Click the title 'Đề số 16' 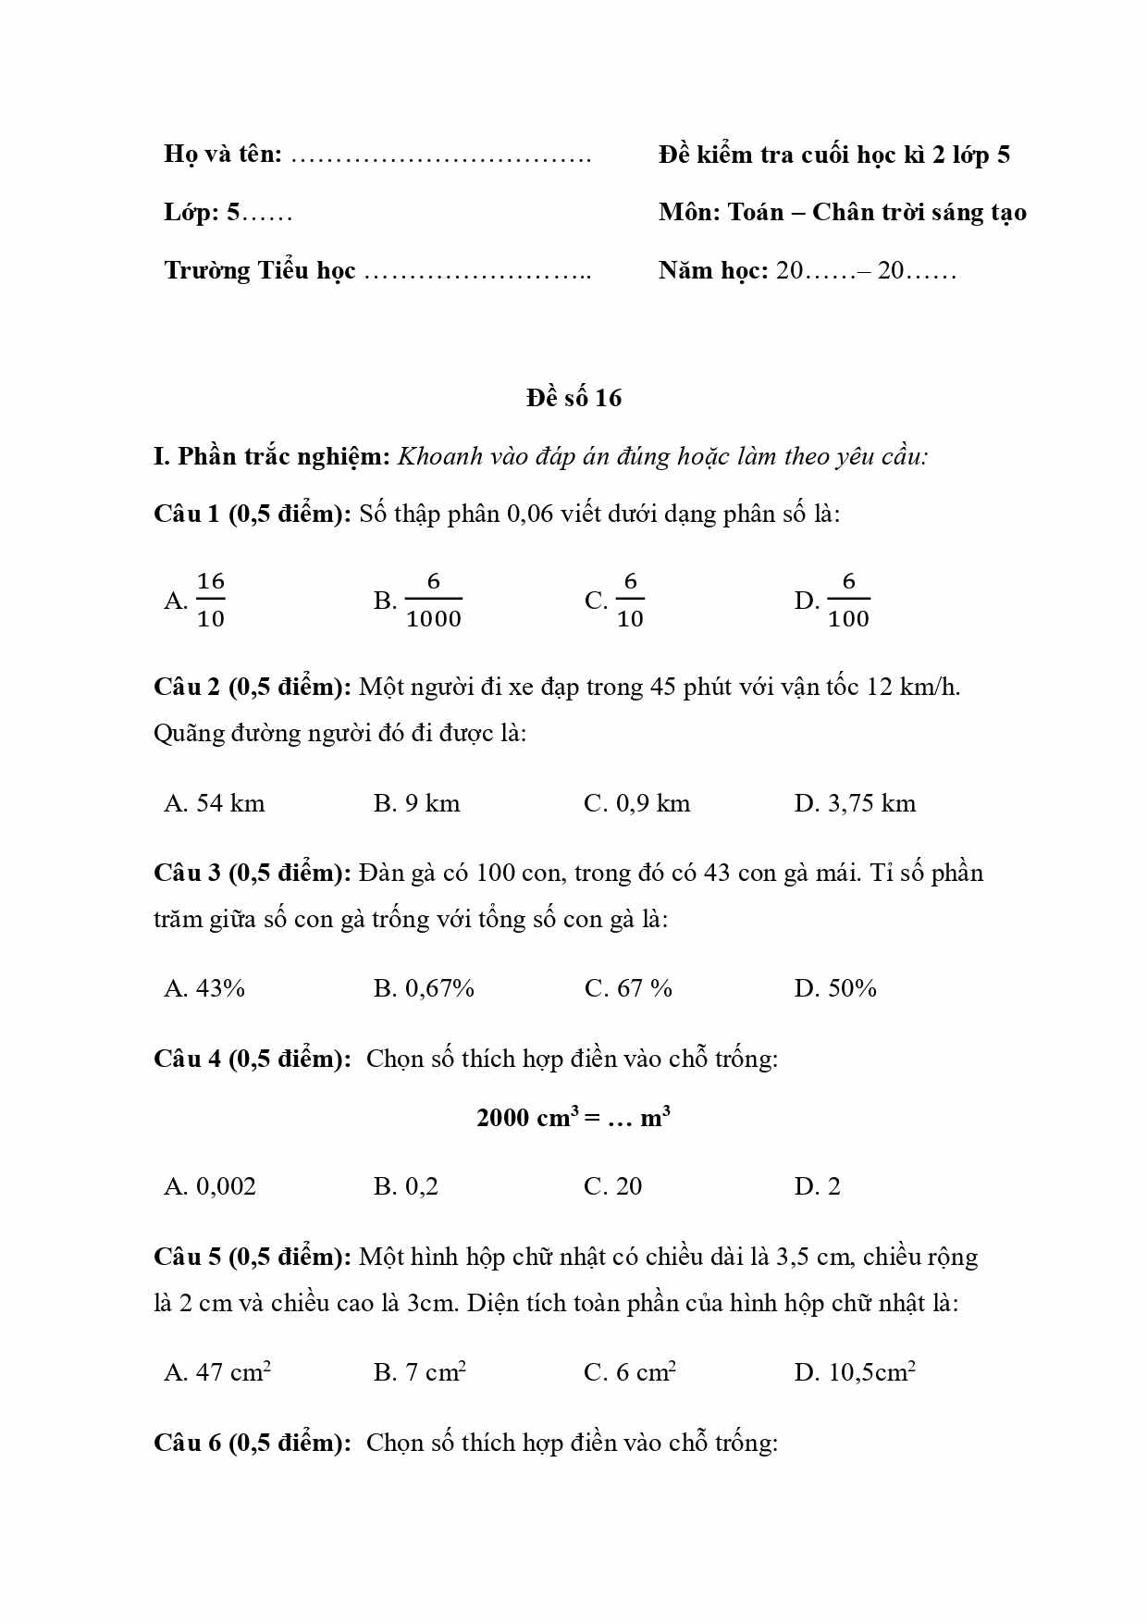[x=573, y=398]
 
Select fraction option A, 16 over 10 [x=196, y=600]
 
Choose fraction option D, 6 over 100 [x=832, y=600]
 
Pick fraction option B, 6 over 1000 [x=418, y=600]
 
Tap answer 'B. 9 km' [x=416, y=803]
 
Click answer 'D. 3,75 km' [x=855, y=803]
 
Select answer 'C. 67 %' [x=628, y=988]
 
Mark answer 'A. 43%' [x=204, y=988]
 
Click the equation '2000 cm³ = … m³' [x=573, y=1117]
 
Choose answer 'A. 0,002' [x=210, y=1186]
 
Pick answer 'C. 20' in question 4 [x=612, y=1186]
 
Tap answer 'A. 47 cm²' [x=217, y=1371]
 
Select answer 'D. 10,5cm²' [x=855, y=1371]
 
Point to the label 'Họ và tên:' [x=223, y=154]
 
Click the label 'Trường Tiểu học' [x=260, y=270]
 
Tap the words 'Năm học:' [x=713, y=270]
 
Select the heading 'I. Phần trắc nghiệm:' [x=272, y=456]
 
